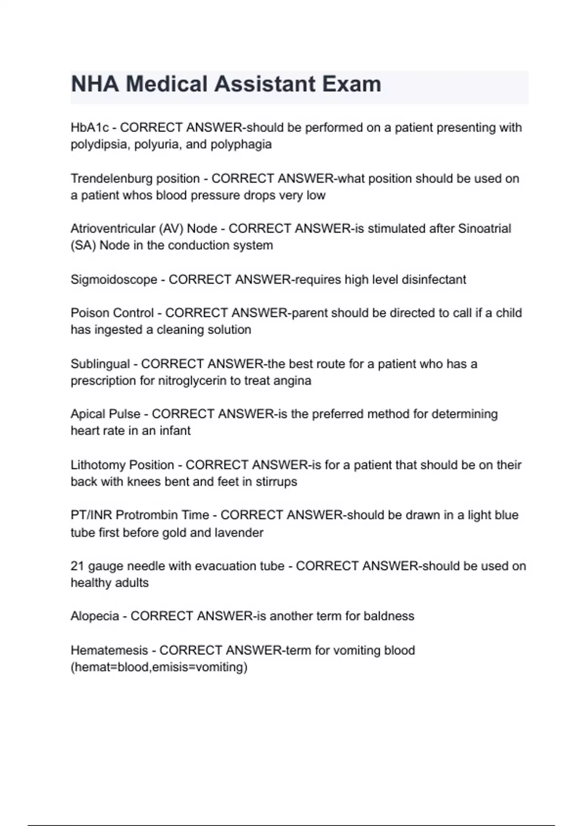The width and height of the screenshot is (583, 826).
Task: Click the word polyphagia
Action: (x=241, y=145)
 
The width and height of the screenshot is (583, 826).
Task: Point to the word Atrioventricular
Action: (x=113, y=229)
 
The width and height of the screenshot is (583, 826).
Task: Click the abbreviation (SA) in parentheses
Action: (x=83, y=245)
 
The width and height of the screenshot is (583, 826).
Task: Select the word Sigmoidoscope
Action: (x=114, y=280)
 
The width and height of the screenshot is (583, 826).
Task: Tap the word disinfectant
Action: (x=433, y=280)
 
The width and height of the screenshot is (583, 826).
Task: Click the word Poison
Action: (x=90, y=313)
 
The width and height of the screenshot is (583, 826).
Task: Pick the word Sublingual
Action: (x=100, y=364)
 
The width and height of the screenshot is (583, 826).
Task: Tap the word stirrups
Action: (x=276, y=482)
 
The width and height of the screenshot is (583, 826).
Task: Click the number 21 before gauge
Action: (x=77, y=566)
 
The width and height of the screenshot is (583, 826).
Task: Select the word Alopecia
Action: (x=95, y=616)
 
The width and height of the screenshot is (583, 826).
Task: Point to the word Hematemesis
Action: (x=109, y=651)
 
